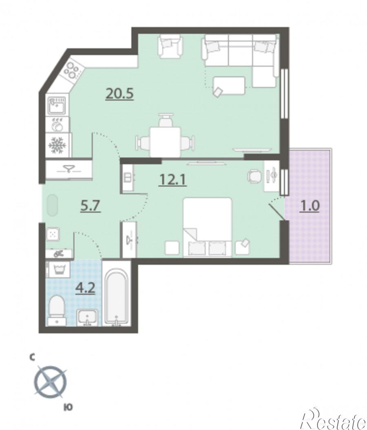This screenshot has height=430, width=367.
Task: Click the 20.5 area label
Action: tap(119, 93)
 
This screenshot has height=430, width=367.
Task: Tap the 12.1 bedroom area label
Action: tap(172, 180)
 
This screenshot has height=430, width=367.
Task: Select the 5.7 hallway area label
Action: tap(91, 206)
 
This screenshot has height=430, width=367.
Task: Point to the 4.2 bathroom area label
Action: tap(86, 288)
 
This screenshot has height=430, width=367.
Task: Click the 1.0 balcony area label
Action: tap(310, 206)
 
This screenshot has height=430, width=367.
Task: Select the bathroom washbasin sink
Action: tap(87, 317)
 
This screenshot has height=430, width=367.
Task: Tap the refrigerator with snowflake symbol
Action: tap(58, 145)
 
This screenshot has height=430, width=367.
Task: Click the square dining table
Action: tap(165, 142)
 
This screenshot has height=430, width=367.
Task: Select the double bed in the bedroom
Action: tap(208, 227)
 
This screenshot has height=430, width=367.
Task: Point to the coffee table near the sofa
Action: tap(229, 85)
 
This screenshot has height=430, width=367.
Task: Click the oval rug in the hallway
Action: tap(52, 205)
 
